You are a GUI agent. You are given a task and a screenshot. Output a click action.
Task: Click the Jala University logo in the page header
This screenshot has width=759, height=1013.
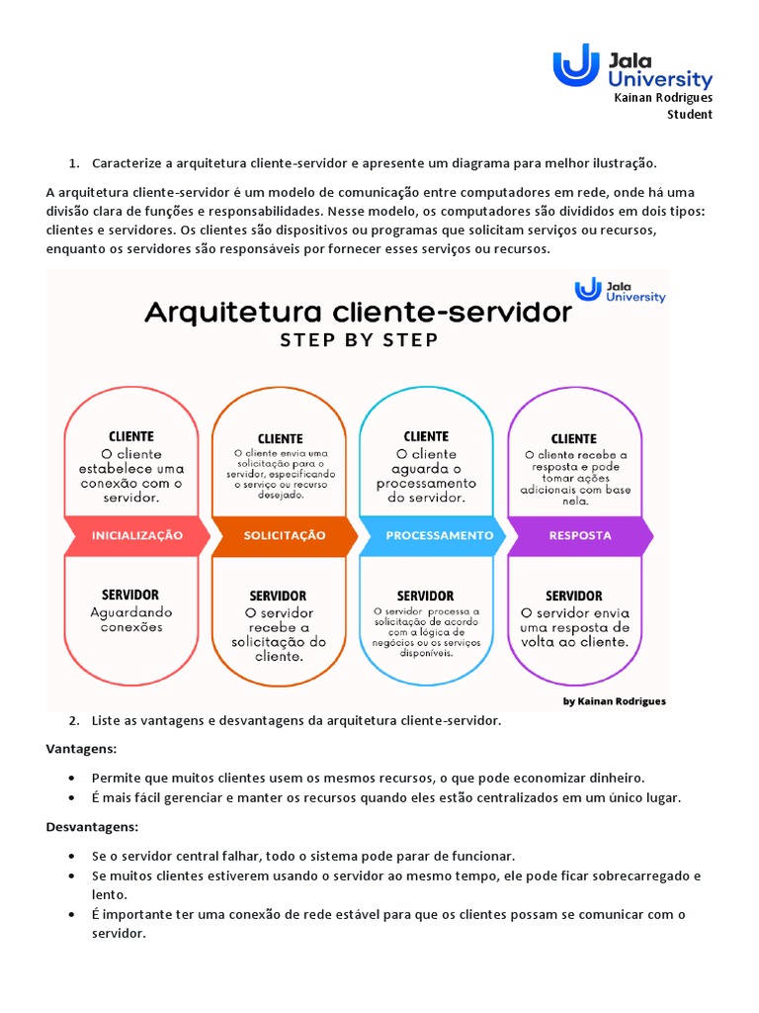[632, 66]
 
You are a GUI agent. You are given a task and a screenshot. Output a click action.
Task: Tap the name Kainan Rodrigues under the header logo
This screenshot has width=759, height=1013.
[663, 98]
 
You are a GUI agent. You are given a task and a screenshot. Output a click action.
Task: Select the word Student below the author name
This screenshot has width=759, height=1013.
[690, 114]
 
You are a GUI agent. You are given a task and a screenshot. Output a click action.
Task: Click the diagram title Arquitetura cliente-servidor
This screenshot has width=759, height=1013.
[358, 314]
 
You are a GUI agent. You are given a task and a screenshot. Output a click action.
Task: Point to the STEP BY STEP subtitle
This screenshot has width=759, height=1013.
[358, 340]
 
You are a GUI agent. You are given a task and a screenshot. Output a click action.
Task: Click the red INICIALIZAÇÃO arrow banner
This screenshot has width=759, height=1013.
[137, 535]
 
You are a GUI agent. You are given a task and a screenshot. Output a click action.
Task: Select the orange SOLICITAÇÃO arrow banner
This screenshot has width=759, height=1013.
[285, 535]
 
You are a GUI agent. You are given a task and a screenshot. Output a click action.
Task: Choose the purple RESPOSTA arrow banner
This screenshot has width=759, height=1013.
[580, 535]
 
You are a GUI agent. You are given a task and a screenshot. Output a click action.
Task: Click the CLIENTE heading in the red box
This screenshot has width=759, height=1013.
[130, 436]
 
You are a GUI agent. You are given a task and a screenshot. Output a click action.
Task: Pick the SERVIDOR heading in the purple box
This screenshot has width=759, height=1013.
[574, 596]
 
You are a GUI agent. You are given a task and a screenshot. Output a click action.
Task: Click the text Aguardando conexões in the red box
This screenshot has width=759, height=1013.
[130, 619]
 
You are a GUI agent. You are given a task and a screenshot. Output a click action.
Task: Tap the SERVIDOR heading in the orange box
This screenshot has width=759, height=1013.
[278, 596]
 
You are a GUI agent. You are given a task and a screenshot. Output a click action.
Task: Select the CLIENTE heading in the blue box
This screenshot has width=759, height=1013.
[426, 436]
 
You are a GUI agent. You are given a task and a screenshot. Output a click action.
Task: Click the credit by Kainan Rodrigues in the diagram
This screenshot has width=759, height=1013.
[614, 700]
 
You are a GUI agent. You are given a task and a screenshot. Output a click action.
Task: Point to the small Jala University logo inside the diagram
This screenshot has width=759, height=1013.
[621, 290]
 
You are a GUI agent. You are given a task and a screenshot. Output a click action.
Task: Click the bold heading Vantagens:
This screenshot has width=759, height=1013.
[81, 749]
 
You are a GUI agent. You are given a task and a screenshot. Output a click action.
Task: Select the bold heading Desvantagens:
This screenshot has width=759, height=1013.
[92, 826]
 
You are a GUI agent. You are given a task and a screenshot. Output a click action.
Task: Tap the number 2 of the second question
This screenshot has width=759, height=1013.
[74, 720]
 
